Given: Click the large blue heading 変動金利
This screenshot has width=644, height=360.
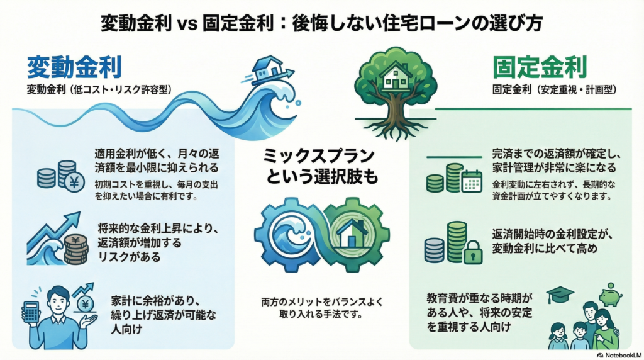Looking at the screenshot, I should point(74,66).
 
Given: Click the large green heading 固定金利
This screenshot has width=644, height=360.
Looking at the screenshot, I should point(540,66).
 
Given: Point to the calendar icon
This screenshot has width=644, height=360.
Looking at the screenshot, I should point(471,181).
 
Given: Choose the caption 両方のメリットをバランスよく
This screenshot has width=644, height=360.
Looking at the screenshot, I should point(321,300).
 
